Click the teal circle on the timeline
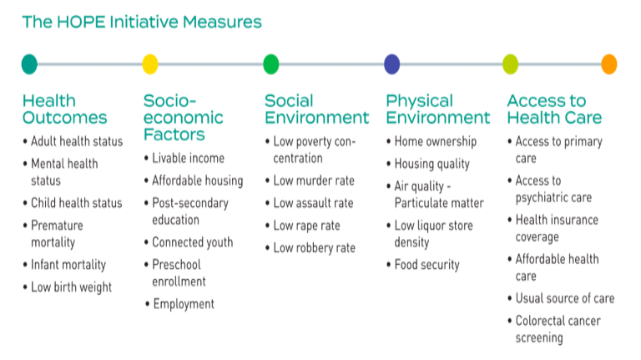[29, 63]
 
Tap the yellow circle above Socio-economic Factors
[150, 63]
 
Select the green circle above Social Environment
[271, 63]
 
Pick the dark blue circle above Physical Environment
[391, 63]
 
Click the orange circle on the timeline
[609, 63]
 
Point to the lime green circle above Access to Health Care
[510, 63]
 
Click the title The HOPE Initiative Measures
[142, 22]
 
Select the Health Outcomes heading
[65, 109]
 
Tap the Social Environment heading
[316, 109]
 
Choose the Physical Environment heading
[437, 109]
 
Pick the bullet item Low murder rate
[314, 180]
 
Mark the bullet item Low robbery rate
[314, 248]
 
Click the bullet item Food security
[426, 265]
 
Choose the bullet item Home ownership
[435, 141]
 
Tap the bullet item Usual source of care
[564, 298]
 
